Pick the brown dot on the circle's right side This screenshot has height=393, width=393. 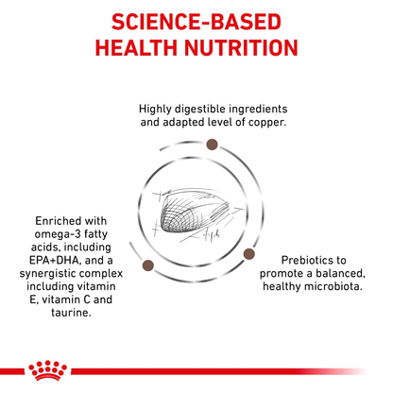[x=249, y=253]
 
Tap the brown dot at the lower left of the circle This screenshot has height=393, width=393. [x=147, y=266]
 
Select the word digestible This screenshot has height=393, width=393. [x=203, y=109]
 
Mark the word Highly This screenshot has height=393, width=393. [x=157, y=109]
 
